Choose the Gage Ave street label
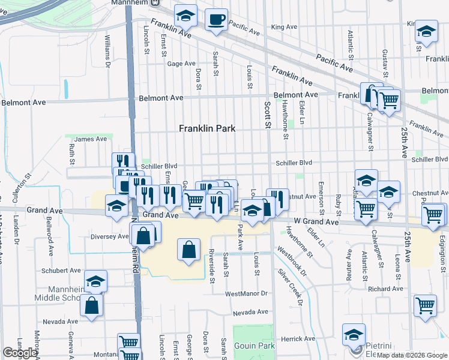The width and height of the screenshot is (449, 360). [x=182, y=64]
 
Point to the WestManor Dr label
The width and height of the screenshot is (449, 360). [x=246, y=294]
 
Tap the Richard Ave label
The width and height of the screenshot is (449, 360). [x=385, y=289]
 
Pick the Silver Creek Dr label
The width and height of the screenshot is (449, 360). [x=291, y=284]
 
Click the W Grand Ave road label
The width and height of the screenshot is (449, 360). [x=318, y=223]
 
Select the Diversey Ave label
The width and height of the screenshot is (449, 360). [x=109, y=236]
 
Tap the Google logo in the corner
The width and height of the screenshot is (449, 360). [x=20, y=353]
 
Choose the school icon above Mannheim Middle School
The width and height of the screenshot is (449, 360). [x=95, y=282]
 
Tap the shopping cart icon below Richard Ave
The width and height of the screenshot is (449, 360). [x=425, y=305]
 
